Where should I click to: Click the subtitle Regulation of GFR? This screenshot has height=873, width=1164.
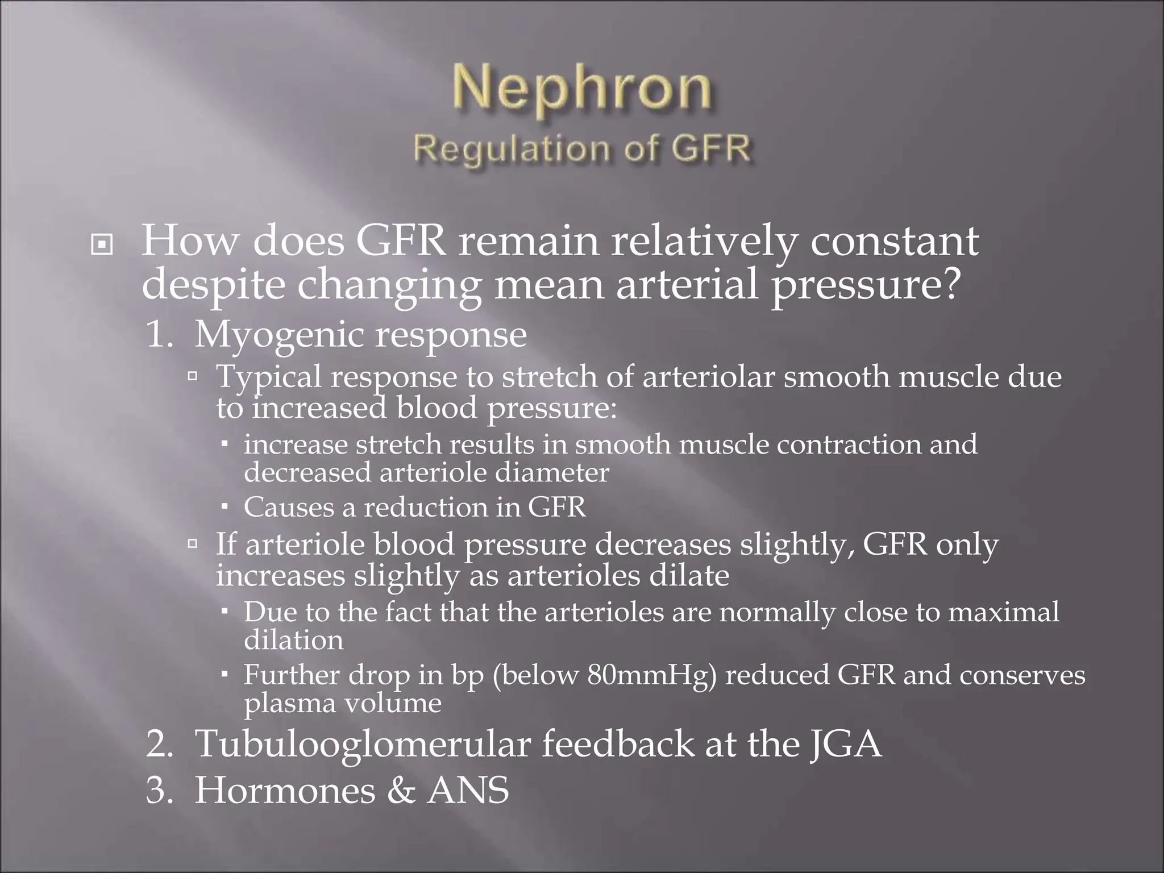(x=582, y=149)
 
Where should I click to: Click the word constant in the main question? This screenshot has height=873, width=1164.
(x=894, y=241)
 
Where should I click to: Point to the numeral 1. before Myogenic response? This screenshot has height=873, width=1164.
(x=159, y=335)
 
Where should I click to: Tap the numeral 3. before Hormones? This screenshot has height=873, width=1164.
(x=159, y=791)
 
